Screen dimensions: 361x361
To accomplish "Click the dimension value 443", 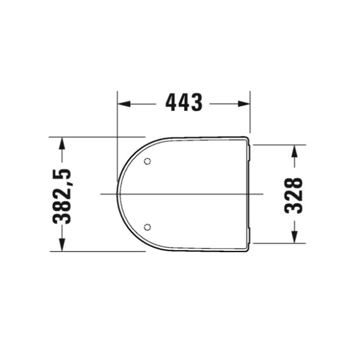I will [x=184, y=103].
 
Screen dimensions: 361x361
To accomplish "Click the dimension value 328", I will [x=294, y=196].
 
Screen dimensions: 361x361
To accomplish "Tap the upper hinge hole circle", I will [x=147, y=161].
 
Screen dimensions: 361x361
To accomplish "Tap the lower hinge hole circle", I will [x=147, y=227].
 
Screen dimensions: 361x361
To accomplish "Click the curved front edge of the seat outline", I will [x=118, y=194].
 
